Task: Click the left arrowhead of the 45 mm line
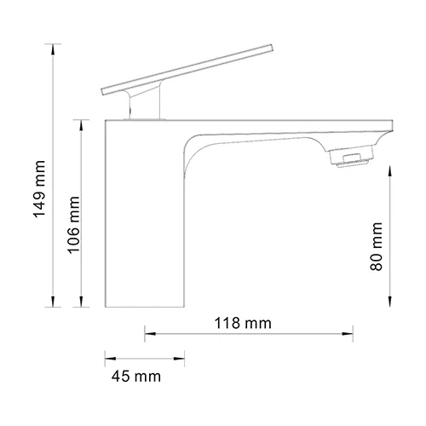pos(107,357)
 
